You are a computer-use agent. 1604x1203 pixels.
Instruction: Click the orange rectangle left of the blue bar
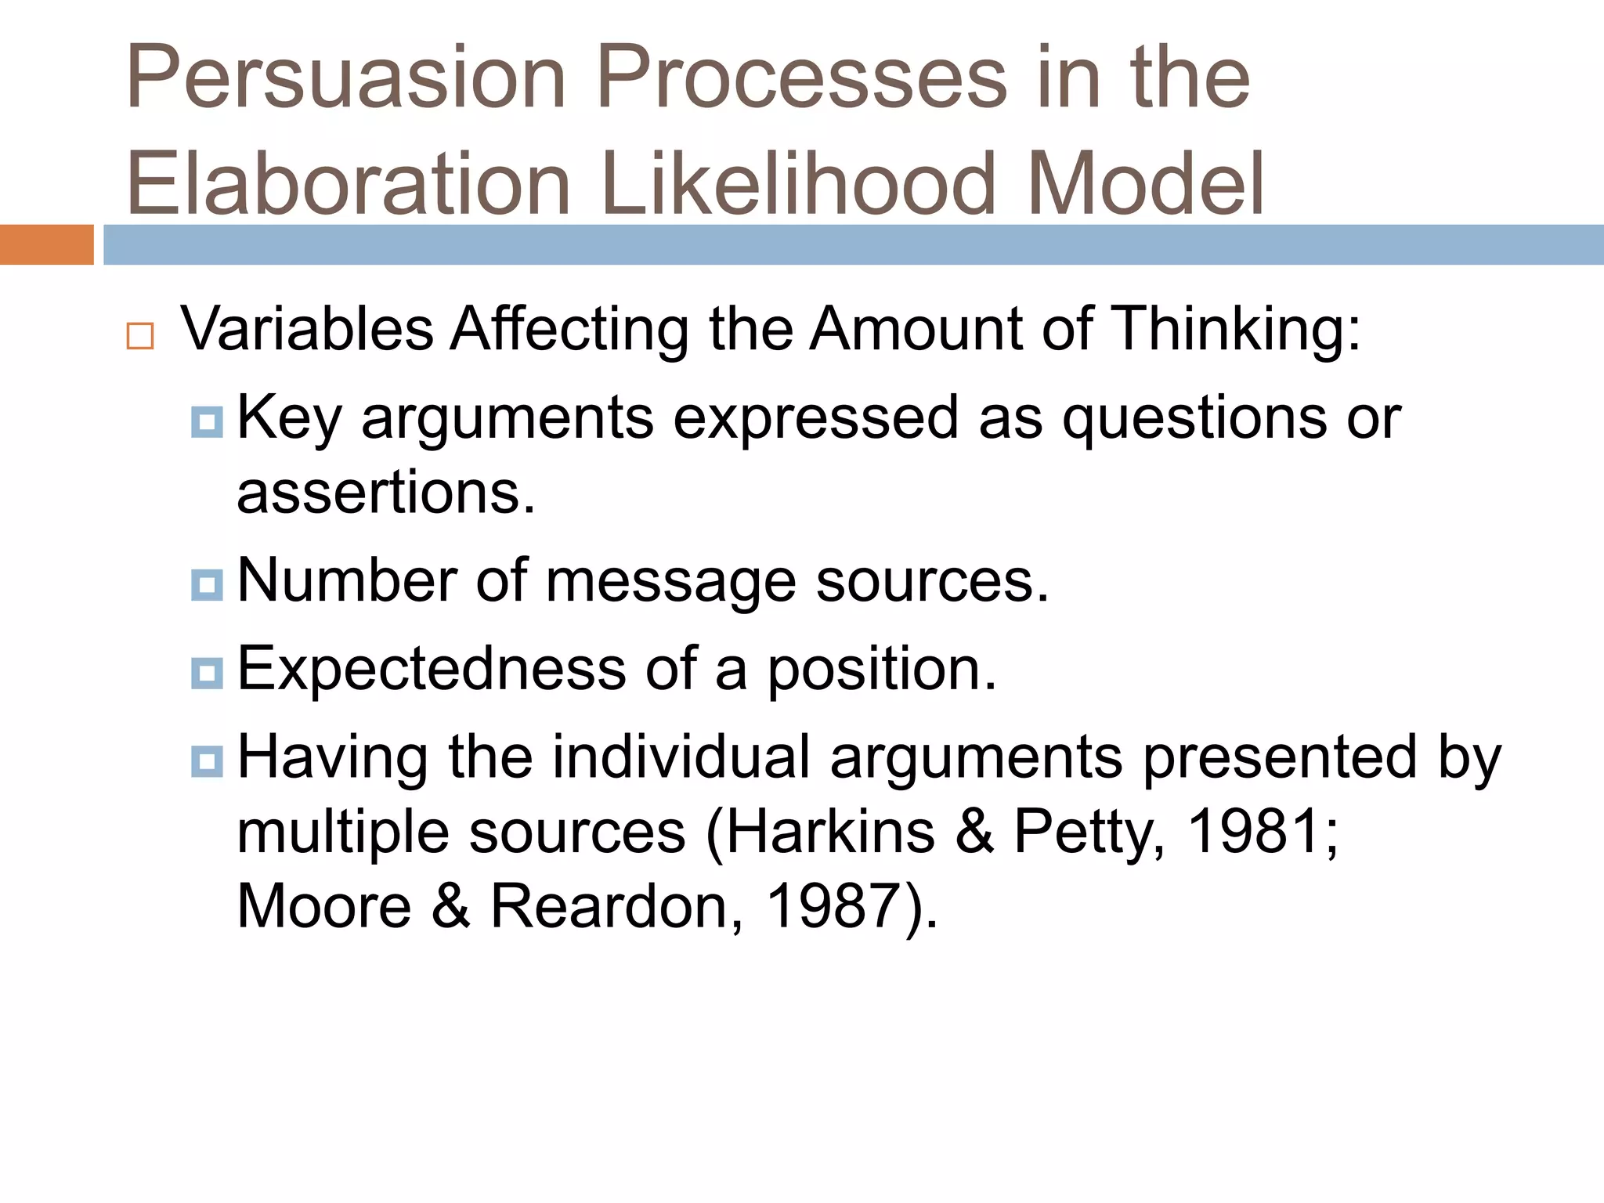[46, 244]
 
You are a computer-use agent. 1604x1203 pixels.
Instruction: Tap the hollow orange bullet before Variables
[140, 336]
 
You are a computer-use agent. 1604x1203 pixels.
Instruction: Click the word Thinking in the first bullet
[1234, 329]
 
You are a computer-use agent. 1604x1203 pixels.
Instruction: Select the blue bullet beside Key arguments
[207, 421]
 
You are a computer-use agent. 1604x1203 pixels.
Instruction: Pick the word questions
[1194, 419]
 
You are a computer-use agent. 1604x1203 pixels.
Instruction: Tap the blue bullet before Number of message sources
[207, 584]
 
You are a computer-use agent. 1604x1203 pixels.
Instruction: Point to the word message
[670, 582]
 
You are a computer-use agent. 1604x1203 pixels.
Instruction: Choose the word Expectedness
[432, 670]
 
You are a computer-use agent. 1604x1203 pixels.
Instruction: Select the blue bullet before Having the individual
[207, 760]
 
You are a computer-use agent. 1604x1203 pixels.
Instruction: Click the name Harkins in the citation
[830, 832]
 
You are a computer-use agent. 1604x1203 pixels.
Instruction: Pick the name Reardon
[616, 907]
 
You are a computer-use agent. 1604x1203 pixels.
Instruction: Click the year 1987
[832, 907]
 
